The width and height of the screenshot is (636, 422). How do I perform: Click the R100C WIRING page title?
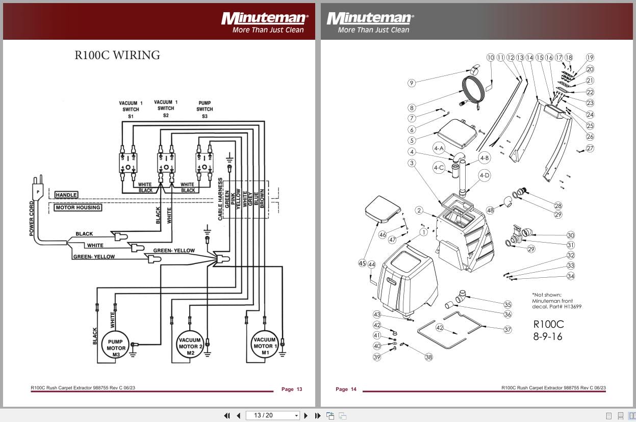[x=117, y=55]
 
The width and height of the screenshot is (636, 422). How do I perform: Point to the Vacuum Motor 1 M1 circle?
[x=264, y=346]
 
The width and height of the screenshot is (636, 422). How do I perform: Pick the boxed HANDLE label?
[x=66, y=195]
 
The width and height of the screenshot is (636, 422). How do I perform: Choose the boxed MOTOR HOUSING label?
[x=78, y=207]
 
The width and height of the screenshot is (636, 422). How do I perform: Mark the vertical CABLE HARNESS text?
[x=220, y=199]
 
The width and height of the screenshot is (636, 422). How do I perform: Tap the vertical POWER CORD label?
[x=32, y=219]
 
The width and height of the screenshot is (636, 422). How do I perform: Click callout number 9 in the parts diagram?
[x=412, y=83]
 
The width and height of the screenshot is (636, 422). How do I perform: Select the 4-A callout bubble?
[x=439, y=148]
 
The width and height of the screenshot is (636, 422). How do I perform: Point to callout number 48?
[x=490, y=210]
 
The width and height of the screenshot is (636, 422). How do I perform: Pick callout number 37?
[x=507, y=329]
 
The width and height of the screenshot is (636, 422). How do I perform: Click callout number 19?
[x=590, y=58]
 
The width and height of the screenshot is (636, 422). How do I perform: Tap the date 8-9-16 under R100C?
[x=548, y=336]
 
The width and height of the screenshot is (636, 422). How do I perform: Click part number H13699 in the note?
[x=571, y=306]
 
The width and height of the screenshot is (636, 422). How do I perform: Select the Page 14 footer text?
[x=346, y=389]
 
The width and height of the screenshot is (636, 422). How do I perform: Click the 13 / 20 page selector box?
[x=273, y=415]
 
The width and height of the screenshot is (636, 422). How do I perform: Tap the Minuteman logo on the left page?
[x=264, y=19]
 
